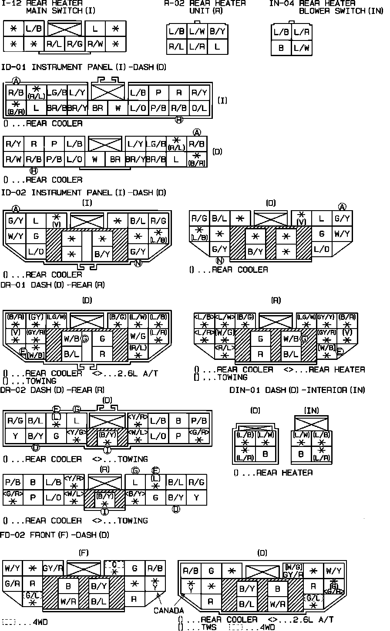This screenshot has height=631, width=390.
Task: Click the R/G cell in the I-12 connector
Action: (74, 44)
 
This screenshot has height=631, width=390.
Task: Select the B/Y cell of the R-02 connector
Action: (217, 31)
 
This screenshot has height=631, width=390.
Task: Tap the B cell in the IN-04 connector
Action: (281, 48)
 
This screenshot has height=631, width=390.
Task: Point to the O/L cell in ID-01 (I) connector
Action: (199, 108)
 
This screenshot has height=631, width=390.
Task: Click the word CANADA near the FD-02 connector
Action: (168, 611)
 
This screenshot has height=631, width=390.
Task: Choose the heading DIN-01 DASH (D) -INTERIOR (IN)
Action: (297, 390)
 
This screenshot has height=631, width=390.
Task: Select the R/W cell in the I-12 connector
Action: (95, 44)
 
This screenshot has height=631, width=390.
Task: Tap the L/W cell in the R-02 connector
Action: (197, 31)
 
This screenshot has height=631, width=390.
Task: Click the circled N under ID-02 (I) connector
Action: (138, 263)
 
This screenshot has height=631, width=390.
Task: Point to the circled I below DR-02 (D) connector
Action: (107, 449)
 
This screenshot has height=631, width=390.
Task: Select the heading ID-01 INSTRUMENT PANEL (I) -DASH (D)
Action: (84, 67)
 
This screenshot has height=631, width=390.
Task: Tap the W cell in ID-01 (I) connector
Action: (118, 108)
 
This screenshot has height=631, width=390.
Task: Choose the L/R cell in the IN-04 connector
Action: (301, 32)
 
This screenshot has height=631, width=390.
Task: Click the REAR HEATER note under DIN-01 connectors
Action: (273, 473)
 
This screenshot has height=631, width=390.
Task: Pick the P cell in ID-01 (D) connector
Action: (54, 144)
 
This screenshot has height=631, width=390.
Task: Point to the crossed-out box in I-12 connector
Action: (64, 30)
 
